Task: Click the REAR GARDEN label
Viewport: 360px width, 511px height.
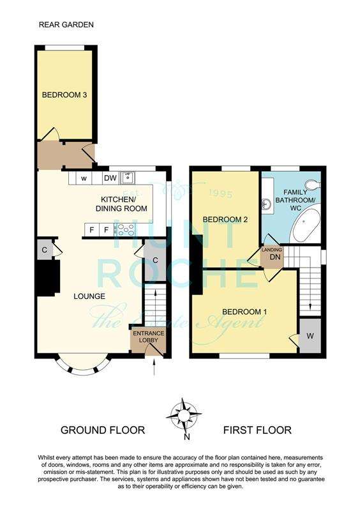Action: (66, 25)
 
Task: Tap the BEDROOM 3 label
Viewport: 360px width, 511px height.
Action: (64, 95)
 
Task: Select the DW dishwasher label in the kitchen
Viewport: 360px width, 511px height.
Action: (110, 178)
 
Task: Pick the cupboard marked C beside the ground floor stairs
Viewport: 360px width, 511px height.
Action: (154, 260)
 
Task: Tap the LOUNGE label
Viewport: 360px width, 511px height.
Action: (89, 296)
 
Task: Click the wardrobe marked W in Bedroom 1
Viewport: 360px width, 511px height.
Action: (310, 336)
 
